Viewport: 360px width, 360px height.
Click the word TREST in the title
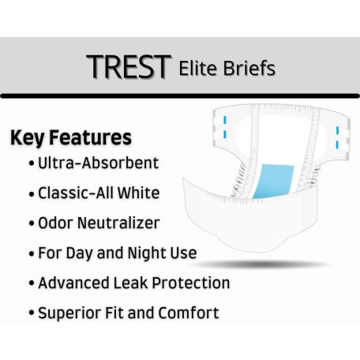(128, 68)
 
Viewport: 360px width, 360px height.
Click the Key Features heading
(70, 137)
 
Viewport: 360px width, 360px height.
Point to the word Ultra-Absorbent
(99, 163)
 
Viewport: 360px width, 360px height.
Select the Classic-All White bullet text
(99, 193)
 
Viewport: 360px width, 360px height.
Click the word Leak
(133, 283)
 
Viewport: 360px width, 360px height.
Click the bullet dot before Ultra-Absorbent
(31, 164)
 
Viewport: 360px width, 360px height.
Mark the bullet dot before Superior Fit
(31, 313)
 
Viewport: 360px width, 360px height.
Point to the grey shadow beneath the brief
(268, 263)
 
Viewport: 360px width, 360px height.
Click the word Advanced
(74, 283)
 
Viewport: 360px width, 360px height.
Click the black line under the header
(180, 96)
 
